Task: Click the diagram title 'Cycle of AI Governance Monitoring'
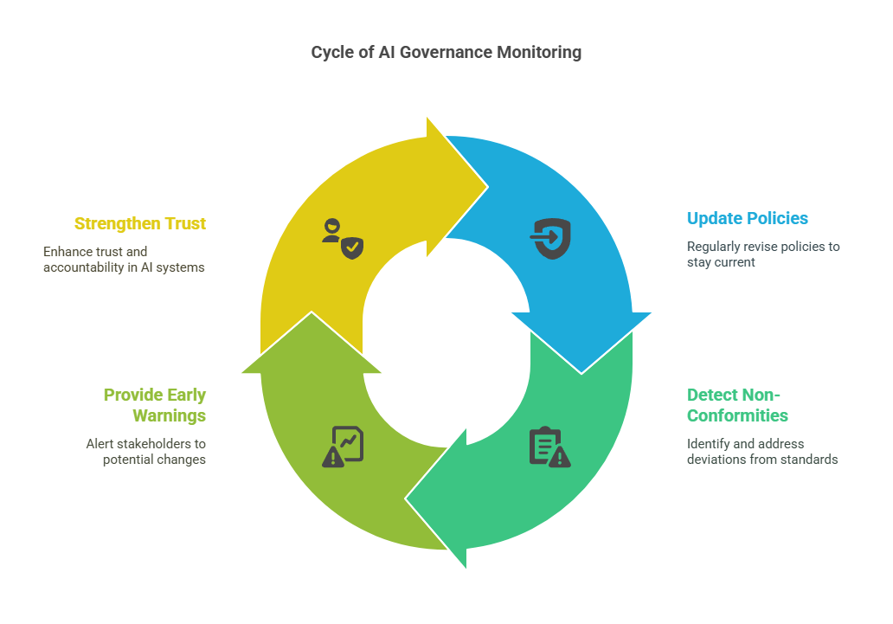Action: click(x=446, y=52)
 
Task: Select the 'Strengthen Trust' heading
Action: click(x=139, y=223)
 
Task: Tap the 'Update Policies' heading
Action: click(x=747, y=218)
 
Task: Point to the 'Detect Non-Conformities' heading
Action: click(x=737, y=405)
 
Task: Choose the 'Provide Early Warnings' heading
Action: click(x=154, y=405)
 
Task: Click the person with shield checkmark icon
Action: click(x=341, y=239)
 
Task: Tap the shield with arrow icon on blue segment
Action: click(x=551, y=239)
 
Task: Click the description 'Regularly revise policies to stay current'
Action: click(x=762, y=254)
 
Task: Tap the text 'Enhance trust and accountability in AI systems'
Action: click(x=124, y=259)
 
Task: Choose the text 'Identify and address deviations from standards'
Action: click(x=761, y=451)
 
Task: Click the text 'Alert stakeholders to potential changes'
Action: click(x=145, y=451)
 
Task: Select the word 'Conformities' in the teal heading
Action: click(x=737, y=415)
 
